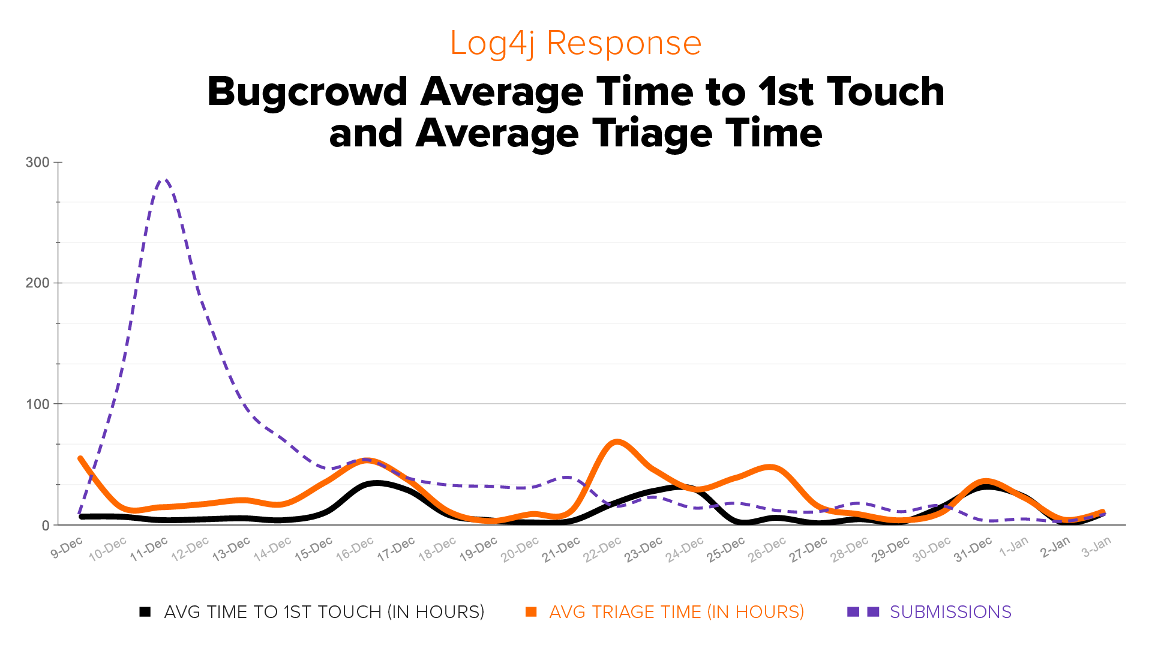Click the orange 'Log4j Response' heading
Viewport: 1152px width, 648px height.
coord(575,44)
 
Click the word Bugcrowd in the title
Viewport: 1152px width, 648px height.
coord(307,93)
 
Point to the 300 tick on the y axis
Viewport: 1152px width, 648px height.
coord(37,163)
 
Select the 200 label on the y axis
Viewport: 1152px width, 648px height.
coord(37,283)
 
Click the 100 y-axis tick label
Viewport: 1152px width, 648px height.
coord(37,404)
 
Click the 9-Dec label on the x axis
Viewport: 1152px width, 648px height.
coord(67,548)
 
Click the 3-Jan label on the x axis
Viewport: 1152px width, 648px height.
coord(1097,547)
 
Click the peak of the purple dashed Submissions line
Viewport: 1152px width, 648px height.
coord(164,179)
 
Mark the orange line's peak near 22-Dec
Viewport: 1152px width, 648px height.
coord(617,442)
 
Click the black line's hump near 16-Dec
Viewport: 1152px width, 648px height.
coord(377,483)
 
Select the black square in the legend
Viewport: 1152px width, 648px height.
coord(145,612)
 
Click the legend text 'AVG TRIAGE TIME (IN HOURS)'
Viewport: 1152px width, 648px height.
coord(676,612)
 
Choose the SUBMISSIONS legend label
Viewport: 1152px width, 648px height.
coord(950,612)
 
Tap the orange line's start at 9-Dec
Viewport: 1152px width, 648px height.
coord(80,459)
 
